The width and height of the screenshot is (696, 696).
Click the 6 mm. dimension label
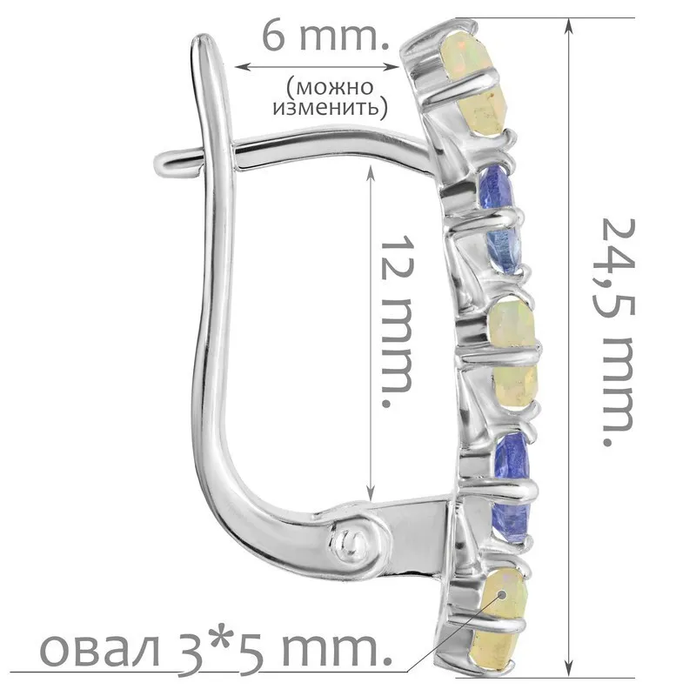pos(326,37)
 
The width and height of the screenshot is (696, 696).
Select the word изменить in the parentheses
pos(327,107)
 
